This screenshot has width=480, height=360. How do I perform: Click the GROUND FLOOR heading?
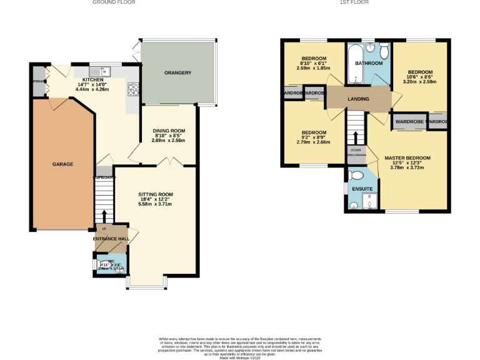point(114,2)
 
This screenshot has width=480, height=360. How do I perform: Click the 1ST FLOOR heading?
point(354,2)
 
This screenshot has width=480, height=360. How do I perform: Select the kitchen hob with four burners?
point(132,89)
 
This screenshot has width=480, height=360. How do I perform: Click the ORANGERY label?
point(177,73)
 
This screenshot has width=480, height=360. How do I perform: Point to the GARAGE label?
point(62,164)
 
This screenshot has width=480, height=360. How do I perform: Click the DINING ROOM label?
point(169,131)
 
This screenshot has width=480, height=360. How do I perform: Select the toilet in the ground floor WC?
point(101,264)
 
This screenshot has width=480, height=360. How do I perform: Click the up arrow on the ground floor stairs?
point(104,216)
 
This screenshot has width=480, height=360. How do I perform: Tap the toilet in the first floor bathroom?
point(384,50)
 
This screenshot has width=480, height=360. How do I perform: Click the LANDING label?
point(359,99)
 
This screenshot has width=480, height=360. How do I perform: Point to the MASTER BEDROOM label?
point(407,158)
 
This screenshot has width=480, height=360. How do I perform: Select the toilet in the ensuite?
point(357,176)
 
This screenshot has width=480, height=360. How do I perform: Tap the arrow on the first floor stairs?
point(356,136)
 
